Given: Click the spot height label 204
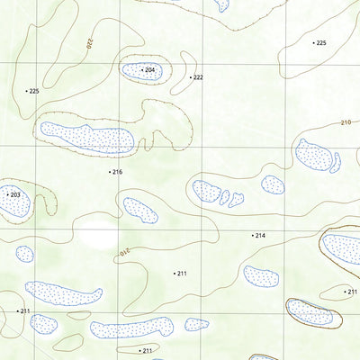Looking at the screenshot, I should (x=150, y=70).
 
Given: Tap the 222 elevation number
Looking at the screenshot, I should (x=198, y=77).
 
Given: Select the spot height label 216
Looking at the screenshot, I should (x=117, y=171).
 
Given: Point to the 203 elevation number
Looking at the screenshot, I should (x=13, y=194).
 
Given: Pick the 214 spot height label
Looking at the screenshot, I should (x=260, y=235).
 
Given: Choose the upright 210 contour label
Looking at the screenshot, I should (x=346, y=122).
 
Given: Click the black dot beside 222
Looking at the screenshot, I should (x=191, y=77).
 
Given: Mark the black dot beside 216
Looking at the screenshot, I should (x=110, y=171).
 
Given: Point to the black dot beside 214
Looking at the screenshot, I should (x=253, y=235).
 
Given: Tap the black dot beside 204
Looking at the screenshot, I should (x=142, y=69).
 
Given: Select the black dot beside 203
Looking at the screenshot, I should (x=5, y=194).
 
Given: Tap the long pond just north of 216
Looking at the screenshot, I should (x=85, y=138).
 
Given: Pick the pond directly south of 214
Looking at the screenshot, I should (x=260, y=275).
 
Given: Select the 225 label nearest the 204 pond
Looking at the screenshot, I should (x=34, y=91).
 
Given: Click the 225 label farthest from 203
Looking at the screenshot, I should (x=321, y=43).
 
